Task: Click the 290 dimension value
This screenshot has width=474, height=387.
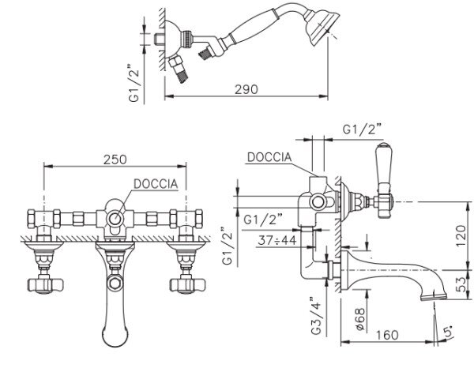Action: coord(246,89)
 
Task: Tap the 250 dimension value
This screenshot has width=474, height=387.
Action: coord(115,160)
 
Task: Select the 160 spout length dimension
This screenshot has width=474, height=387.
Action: coord(387,335)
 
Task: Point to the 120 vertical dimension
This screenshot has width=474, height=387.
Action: coord(461,235)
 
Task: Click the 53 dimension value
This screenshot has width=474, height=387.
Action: coord(461,284)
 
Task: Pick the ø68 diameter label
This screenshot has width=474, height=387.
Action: coord(360,319)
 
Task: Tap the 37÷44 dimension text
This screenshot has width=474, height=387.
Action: coord(277,240)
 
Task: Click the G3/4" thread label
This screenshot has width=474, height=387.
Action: coord(316,316)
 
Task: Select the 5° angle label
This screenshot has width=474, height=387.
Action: coord(448,332)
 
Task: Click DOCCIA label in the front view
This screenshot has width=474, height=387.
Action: coord(156,184)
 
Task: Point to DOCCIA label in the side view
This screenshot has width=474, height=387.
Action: coord(269,157)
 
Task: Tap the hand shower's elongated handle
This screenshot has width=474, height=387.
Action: coord(252,28)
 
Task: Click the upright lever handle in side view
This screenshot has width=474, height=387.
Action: coord(383,164)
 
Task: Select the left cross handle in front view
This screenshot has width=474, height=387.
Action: coord(45,285)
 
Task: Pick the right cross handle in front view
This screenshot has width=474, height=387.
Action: coord(187,285)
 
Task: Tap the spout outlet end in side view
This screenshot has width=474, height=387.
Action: coord(434,296)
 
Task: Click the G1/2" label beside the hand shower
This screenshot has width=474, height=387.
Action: coord(134,83)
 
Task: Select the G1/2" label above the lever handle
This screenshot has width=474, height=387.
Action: coord(362,130)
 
